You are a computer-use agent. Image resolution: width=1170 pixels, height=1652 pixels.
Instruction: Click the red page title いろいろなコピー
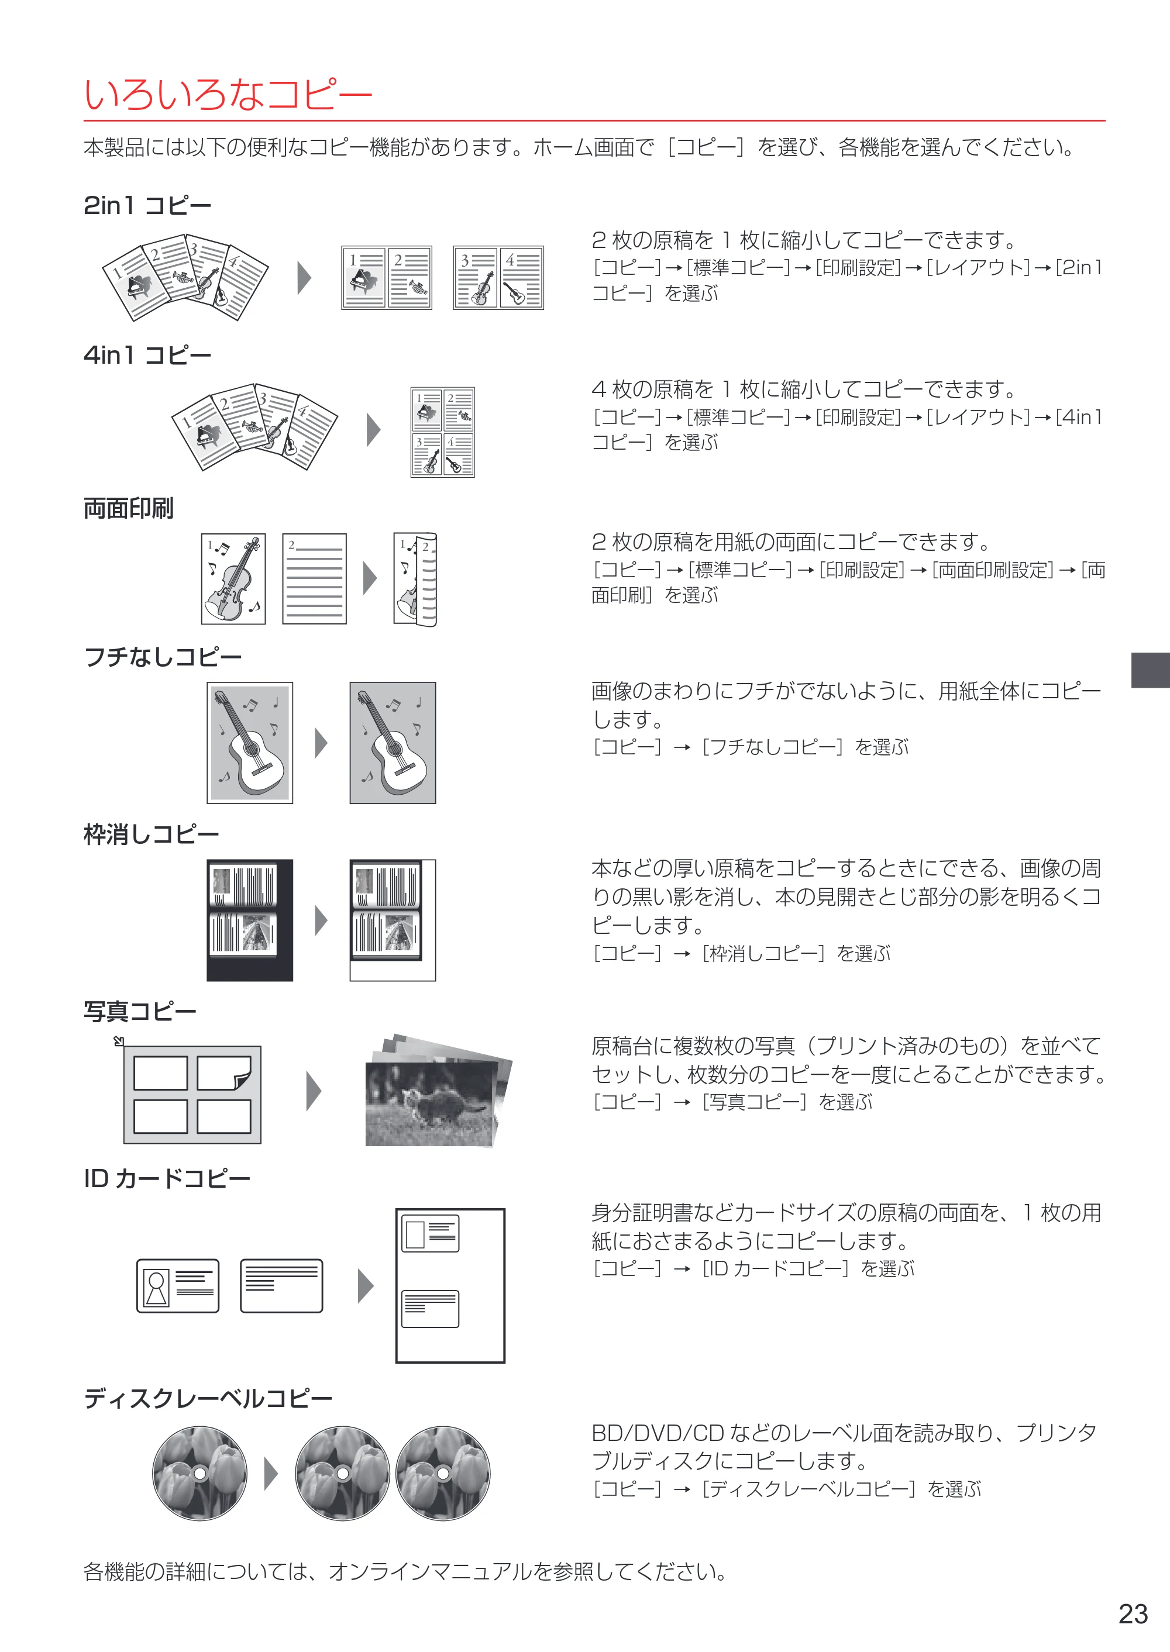click(228, 94)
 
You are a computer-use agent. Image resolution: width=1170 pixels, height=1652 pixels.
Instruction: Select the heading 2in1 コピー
click(147, 206)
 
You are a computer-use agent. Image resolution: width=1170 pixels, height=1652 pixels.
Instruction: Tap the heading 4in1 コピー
click(147, 355)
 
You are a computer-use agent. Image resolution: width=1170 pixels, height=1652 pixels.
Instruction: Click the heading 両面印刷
click(128, 508)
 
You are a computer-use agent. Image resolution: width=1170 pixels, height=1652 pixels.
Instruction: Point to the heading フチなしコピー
click(163, 657)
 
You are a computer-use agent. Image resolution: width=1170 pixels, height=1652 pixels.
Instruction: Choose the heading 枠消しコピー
click(152, 834)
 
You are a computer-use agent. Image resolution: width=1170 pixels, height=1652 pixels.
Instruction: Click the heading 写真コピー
click(140, 1011)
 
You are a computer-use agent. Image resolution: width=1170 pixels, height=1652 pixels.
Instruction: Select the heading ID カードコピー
click(167, 1178)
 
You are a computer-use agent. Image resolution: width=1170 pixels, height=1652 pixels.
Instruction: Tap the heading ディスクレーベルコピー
click(208, 1398)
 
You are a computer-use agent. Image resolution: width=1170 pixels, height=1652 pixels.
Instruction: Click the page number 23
click(1133, 1614)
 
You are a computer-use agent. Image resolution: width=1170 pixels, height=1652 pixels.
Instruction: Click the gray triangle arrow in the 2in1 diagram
click(305, 278)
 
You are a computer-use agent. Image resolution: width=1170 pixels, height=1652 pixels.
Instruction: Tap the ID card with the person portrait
click(178, 1285)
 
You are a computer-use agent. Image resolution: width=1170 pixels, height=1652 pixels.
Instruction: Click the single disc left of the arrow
click(199, 1472)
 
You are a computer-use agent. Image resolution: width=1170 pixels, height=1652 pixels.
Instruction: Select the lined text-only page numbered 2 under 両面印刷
click(314, 578)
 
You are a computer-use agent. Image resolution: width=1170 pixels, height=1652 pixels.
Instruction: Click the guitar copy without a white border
click(393, 743)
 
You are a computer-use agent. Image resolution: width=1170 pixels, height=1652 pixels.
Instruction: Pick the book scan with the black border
click(250, 920)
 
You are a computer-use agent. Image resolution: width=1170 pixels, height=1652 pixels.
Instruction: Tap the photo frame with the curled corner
click(224, 1073)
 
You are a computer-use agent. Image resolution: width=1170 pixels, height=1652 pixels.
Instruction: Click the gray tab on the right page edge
click(1151, 670)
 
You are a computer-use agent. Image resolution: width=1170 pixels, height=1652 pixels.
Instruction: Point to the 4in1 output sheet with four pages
click(442, 432)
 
